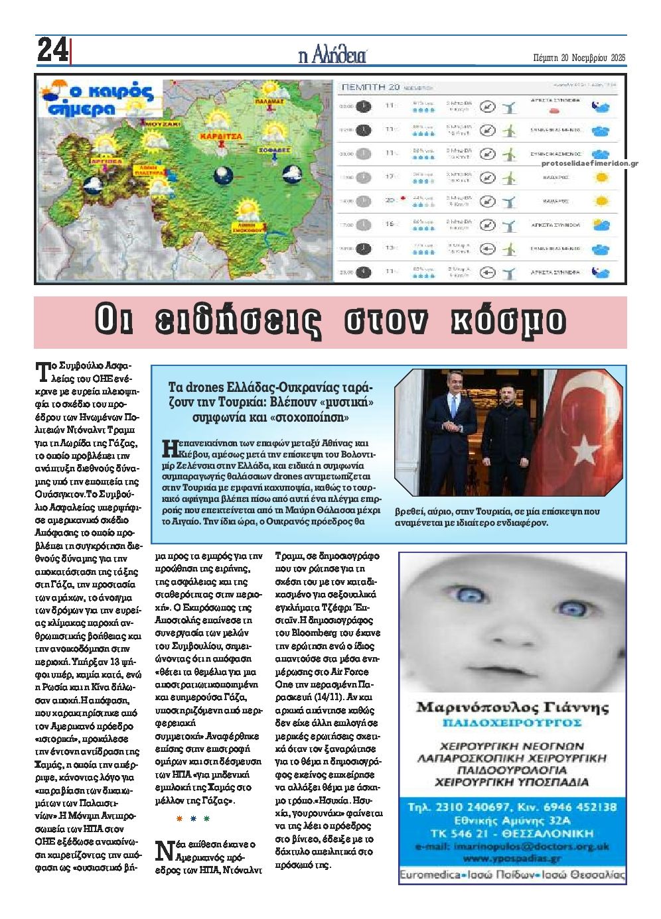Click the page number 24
[52, 50]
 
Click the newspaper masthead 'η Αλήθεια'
[332, 56]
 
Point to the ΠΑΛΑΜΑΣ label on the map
[269, 101]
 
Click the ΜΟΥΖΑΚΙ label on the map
[163, 123]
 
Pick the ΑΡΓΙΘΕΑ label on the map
[102, 160]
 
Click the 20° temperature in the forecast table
[390, 200]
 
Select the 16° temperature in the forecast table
[390, 224]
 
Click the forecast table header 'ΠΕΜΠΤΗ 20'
[368, 87]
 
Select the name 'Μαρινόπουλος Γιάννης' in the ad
[512, 707]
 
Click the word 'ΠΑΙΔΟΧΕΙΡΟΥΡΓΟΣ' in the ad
[512, 722]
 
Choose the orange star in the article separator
[179, 819]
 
